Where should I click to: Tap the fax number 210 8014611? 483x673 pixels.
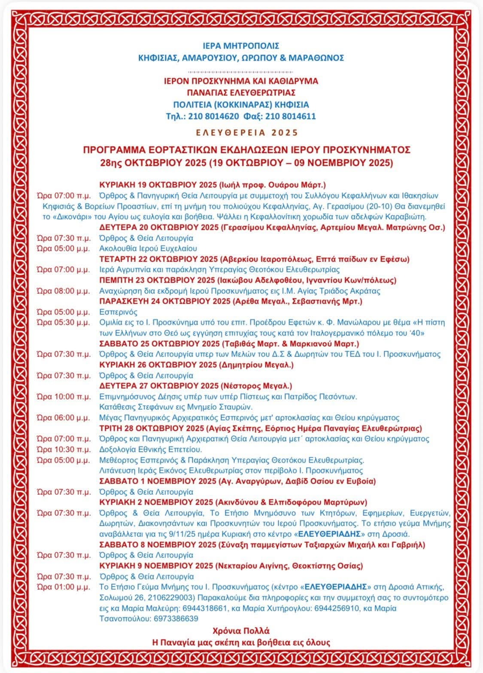click(x=291, y=116)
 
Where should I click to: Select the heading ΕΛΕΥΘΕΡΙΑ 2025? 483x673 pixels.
click(x=247, y=133)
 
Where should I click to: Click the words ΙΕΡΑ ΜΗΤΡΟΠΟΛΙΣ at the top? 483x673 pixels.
click(x=241, y=46)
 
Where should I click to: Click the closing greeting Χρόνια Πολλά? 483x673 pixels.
click(x=241, y=631)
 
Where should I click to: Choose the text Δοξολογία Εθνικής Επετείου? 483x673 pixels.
click(x=150, y=450)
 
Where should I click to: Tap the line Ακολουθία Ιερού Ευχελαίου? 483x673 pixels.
click(x=148, y=249)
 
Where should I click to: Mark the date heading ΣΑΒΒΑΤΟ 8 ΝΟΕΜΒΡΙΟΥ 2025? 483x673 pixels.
click(x=158, y=545)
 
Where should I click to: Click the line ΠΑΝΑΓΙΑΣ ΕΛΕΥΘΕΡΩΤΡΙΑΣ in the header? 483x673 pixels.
click(x=241, y=93)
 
